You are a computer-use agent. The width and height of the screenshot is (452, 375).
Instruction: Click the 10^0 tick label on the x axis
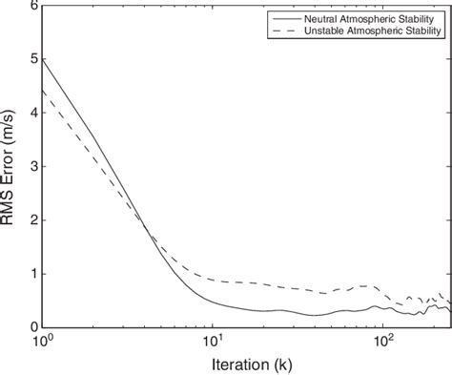[42, 340]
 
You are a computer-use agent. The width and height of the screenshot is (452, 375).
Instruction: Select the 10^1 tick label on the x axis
[212, 340]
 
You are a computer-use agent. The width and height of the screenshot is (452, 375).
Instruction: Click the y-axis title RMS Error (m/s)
[11, 166]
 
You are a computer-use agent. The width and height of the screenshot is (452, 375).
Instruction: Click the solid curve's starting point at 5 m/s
[42, 59]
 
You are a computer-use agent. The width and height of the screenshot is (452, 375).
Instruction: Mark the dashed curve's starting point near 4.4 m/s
[42, 91]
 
